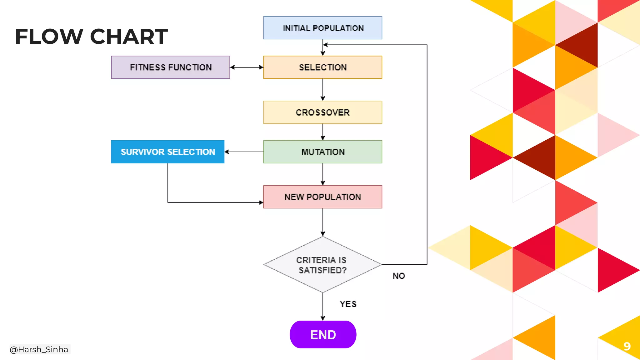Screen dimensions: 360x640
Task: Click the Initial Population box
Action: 322,28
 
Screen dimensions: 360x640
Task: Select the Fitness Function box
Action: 170,67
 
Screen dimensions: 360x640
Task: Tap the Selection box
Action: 322,67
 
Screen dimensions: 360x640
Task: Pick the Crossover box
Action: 322,112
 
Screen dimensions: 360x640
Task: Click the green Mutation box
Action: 322,152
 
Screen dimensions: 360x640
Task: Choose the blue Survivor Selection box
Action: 167,152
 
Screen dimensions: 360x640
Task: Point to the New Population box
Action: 322,197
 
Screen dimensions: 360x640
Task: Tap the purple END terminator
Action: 323,334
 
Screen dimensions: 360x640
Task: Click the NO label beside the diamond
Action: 399,276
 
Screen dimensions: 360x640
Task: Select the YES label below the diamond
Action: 348,304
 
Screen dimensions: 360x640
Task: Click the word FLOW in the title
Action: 49,37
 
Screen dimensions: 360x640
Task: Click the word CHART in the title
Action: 129,37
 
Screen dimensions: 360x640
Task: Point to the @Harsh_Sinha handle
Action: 39,349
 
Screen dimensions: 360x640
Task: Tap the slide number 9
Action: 627,346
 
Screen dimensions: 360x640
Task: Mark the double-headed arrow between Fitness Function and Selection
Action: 247,67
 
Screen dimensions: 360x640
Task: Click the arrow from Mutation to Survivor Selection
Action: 244,152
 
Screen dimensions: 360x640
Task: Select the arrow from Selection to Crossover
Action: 323,89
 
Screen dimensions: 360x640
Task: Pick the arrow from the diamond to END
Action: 323,306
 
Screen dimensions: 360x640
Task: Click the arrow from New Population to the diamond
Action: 323,222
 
